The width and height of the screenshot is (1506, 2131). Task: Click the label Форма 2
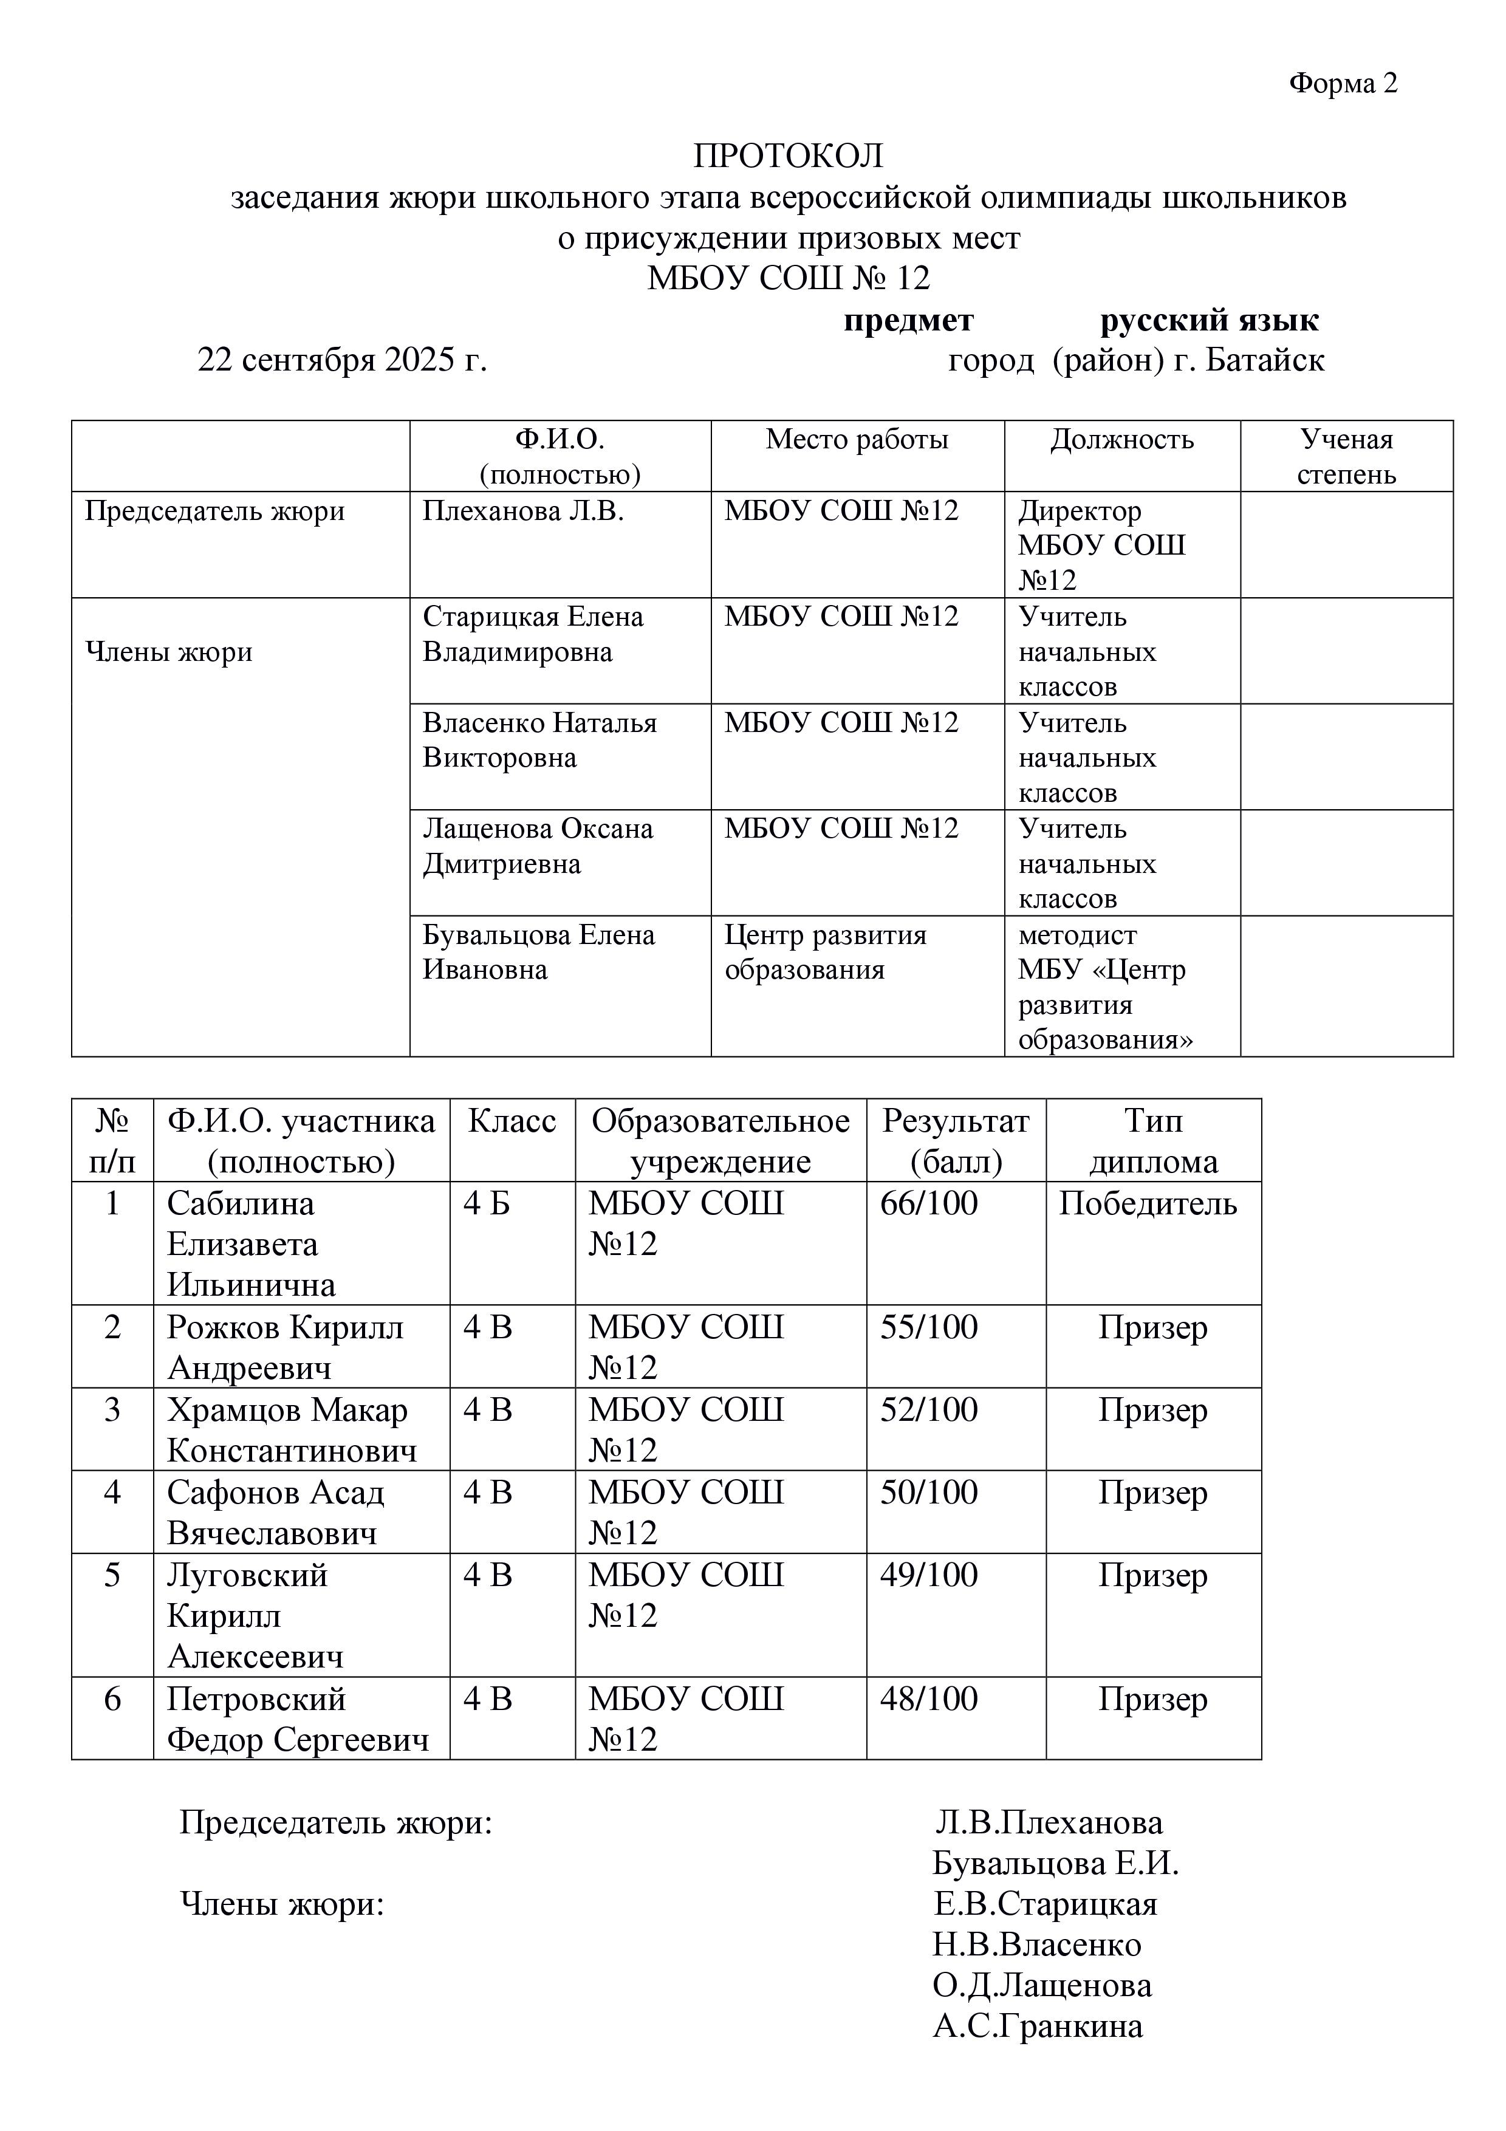1342,84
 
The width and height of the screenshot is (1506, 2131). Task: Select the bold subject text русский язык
1208,320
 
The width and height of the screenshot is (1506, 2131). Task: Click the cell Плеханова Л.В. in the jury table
522,511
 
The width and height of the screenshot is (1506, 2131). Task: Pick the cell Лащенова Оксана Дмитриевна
537,846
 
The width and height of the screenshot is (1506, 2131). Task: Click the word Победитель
1147,1204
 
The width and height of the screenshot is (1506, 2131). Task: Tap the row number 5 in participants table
112,1575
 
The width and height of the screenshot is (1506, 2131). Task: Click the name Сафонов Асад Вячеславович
275,1512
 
